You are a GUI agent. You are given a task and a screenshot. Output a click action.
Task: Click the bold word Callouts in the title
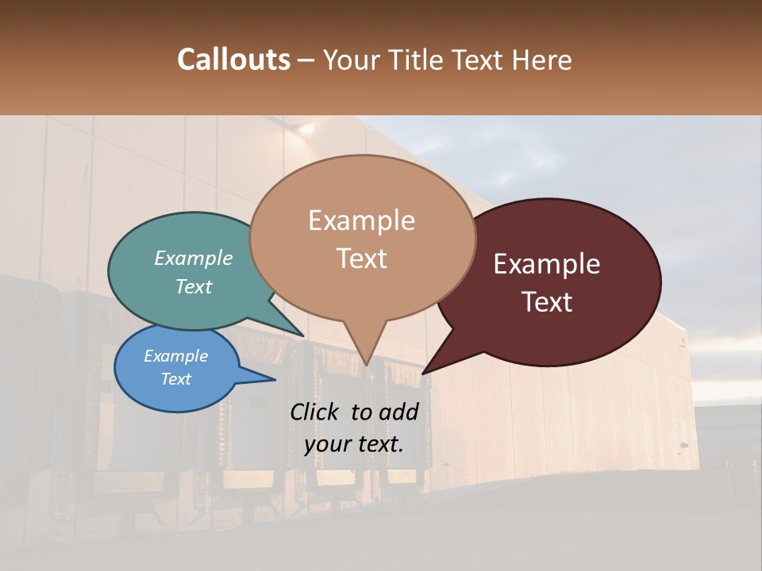(233, 59)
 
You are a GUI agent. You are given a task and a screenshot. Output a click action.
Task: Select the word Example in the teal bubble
(194, 258)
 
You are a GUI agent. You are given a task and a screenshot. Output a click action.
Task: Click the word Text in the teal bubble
(194, 286)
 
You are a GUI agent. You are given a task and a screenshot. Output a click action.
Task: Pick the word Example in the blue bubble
(176, 356)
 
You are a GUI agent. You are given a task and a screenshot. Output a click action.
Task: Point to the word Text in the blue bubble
(176, 379)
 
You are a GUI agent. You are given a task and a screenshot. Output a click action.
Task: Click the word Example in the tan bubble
(361, 220)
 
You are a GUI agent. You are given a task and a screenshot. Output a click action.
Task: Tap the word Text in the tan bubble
(361, 259)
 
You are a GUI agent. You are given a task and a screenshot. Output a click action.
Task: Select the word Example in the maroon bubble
(547, 263)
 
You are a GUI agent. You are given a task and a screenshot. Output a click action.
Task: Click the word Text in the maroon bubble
(547, 301)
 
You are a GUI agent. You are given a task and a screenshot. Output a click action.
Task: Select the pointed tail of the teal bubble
(302, 334)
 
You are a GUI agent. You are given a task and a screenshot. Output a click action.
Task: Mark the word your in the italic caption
(326, 443)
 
